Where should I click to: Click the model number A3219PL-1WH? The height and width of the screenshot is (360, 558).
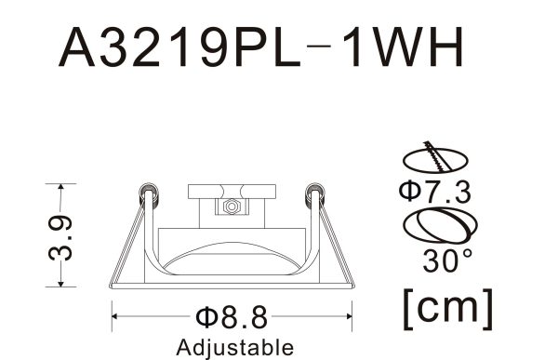tap(259, 47)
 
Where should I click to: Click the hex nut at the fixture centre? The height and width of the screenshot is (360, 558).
tap(230, 207)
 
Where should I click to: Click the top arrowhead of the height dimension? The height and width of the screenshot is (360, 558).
tap(62, 187)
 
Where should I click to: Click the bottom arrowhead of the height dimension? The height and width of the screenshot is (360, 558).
tap(62, 284)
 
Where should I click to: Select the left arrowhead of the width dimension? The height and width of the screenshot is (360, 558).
tap(116, 317)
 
